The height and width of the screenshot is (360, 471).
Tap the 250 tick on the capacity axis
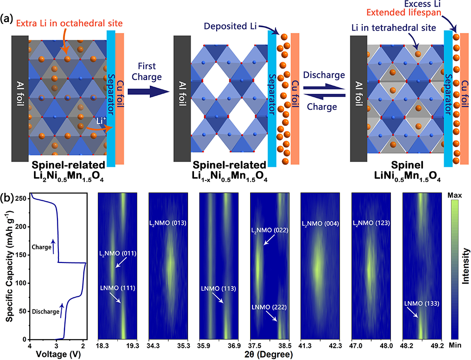[x=22, y=199]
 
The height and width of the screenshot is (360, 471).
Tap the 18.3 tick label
[x=103, y=345]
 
